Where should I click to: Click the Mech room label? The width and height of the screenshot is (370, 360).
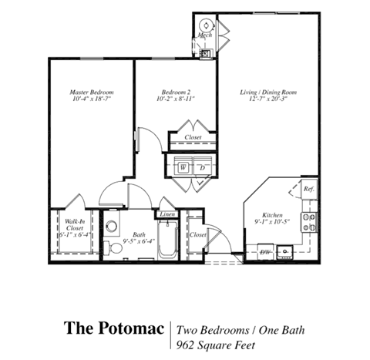tap(204, 35)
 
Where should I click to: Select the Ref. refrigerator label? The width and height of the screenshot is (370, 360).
tap(308, 189)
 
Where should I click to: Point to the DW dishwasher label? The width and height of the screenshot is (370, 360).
tap(264, 252)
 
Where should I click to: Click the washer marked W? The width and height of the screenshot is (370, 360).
tap(183, 166)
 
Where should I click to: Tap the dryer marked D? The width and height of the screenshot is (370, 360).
tap(201, 166)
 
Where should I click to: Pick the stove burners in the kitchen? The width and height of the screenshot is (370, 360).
tap(310, 223)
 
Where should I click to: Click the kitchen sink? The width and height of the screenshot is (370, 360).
tap(285, 251)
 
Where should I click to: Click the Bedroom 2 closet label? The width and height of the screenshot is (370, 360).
tap(193, 139)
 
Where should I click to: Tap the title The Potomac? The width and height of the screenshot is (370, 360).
tap(113, 329)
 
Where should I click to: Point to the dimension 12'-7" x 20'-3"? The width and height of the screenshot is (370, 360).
tap(267, 99)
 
